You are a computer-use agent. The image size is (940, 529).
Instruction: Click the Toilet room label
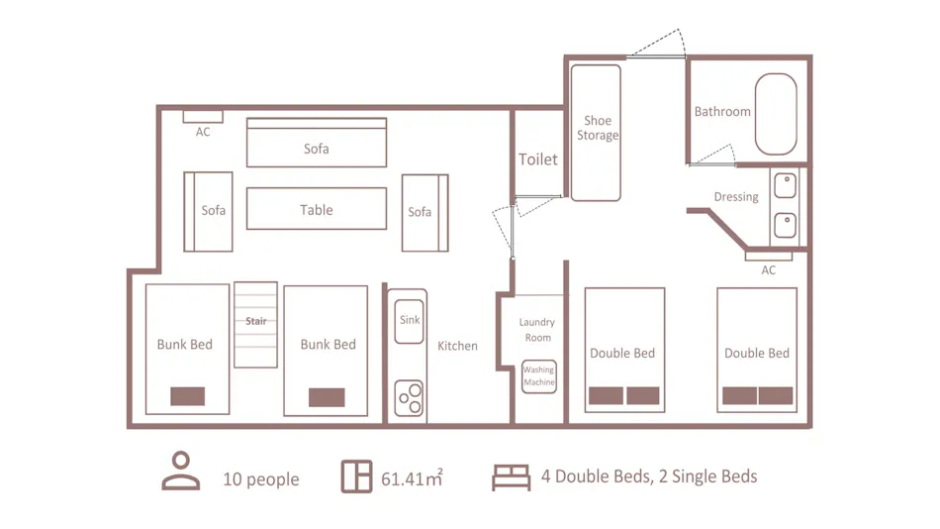tap(537, 159)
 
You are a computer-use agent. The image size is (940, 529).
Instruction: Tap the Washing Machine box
tap(539, 376)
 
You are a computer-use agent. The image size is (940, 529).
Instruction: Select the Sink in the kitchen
tap(410, 321)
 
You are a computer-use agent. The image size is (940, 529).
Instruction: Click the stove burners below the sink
tap(410, 397)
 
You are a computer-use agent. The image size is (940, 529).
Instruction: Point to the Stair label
tap(256, 321)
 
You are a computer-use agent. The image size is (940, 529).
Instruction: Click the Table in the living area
tap(317, 209)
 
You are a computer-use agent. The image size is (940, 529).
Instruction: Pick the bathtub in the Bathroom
tap(776, 114)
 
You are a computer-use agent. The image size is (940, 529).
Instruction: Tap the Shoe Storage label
tap(598, 128)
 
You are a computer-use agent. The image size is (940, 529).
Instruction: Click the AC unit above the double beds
tap(769, 257)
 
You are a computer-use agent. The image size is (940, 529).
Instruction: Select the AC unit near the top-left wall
tap(203, 117)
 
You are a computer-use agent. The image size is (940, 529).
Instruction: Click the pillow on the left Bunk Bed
tap(188, 396)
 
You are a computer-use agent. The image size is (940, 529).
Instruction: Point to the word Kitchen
tap(457, 346)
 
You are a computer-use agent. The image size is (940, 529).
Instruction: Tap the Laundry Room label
tap(537, 330)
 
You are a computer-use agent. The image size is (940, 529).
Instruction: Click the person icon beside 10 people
tap(180, 471)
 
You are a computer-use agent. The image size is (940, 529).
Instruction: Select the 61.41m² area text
tap(412, 478)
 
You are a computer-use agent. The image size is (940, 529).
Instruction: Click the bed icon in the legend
tap(512, 477)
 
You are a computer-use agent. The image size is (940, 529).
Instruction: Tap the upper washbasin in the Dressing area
tap(785, 185)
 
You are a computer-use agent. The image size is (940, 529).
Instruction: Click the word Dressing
tap(736, 197)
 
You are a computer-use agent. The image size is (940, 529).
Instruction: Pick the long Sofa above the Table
tap(317, 143)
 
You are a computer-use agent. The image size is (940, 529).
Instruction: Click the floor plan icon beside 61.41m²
tap(356, 476)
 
